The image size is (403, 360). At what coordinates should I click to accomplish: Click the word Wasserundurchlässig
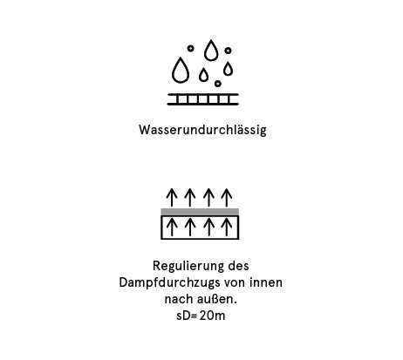(x=202, y=130)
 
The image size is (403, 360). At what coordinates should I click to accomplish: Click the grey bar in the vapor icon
(x=200, y=212)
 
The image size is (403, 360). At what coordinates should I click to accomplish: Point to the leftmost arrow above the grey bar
(x=172, y=198)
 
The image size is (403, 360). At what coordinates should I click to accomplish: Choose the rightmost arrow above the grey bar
(x=227, y=198)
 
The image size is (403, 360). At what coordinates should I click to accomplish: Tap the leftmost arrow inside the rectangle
(x=172, y=228)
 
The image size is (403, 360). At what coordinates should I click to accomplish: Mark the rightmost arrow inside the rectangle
(x=227, y=228)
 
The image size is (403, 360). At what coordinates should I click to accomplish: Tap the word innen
(x=266, y=282)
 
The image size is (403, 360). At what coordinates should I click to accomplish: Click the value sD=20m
(x=201, y=316)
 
